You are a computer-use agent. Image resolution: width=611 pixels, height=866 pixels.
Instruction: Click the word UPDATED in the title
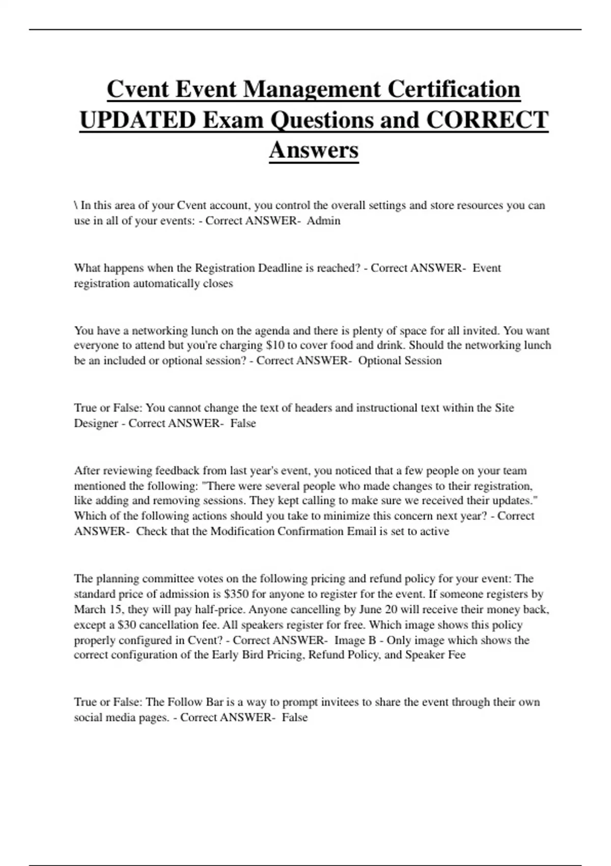point(138,120)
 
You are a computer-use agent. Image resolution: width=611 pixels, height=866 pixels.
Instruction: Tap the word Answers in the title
point(314,150)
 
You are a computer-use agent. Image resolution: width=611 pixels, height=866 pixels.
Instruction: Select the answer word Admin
point(323,221)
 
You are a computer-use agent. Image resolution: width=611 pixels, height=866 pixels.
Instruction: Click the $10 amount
point(275,345)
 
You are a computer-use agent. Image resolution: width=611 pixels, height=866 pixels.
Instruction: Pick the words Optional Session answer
point(400,361)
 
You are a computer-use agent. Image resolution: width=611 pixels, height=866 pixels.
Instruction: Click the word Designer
point(96,423)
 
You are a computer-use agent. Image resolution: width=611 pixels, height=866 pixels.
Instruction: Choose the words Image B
point(355,640)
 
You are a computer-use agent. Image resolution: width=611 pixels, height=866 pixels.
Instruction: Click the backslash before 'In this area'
point(76,205)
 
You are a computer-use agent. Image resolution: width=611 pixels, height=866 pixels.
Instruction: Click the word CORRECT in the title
point(487,120)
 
